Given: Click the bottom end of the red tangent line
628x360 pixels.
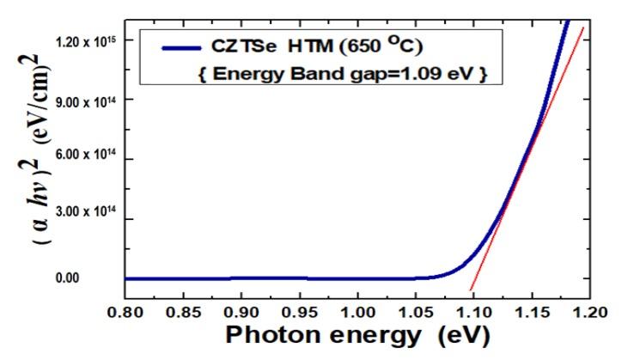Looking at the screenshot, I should [x=470, y=290].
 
